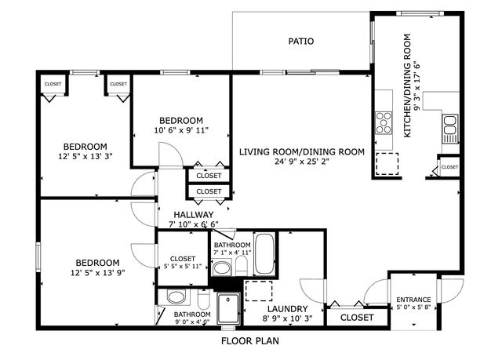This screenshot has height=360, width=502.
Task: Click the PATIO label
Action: (x=301, y=42)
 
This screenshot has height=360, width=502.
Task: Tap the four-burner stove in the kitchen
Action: (x=384, y=122)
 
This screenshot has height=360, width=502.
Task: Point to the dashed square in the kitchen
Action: (x=387, y=165)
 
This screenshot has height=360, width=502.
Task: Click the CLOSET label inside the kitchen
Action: (x=449, y=167)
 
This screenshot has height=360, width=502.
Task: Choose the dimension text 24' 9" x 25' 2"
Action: (x=302, y=162)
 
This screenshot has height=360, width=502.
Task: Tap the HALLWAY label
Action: (x=192, y=214)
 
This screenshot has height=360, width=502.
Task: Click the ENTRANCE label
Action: (x=413, y=300)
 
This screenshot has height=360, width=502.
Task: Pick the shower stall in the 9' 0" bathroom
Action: (x=229, y=307)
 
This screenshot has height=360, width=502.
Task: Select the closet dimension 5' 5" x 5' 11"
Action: (x=183, y=267)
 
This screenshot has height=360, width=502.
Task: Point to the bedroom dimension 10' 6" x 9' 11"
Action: (x=181, y=131)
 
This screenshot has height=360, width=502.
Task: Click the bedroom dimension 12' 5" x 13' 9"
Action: (x=97, y=274)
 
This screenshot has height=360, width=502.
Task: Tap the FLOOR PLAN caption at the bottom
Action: (x=249, y=342)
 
